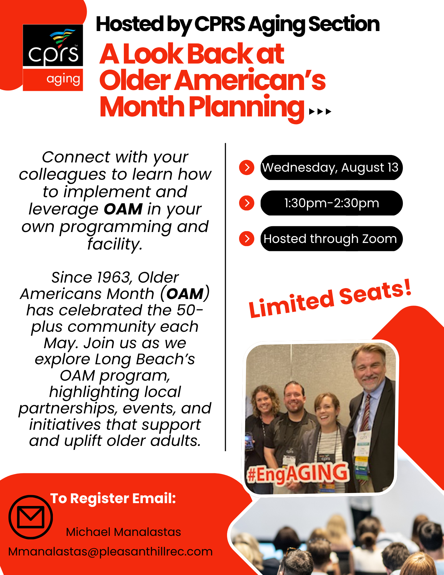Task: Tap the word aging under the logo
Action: coord(63,79)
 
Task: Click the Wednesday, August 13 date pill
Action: coord(331,168)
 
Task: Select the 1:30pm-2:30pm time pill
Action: coord(331,203)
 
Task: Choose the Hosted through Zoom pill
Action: coord(331,239)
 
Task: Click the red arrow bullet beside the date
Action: coord(247,167)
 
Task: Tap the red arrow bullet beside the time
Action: coord(247,203)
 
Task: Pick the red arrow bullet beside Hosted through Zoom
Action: coord(247,239)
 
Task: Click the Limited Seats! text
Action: coord(330,299)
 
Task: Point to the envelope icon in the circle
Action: coord(31,517)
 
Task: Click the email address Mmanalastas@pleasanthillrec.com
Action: coord(111,552)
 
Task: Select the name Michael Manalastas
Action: coord(124,532)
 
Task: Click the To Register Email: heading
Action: coord(113,499)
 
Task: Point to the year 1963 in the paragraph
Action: coord(113,277)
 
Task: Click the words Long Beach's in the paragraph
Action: coord(145,359)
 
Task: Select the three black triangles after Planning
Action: coord(320,112)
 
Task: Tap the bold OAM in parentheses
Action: coord(185,294)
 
